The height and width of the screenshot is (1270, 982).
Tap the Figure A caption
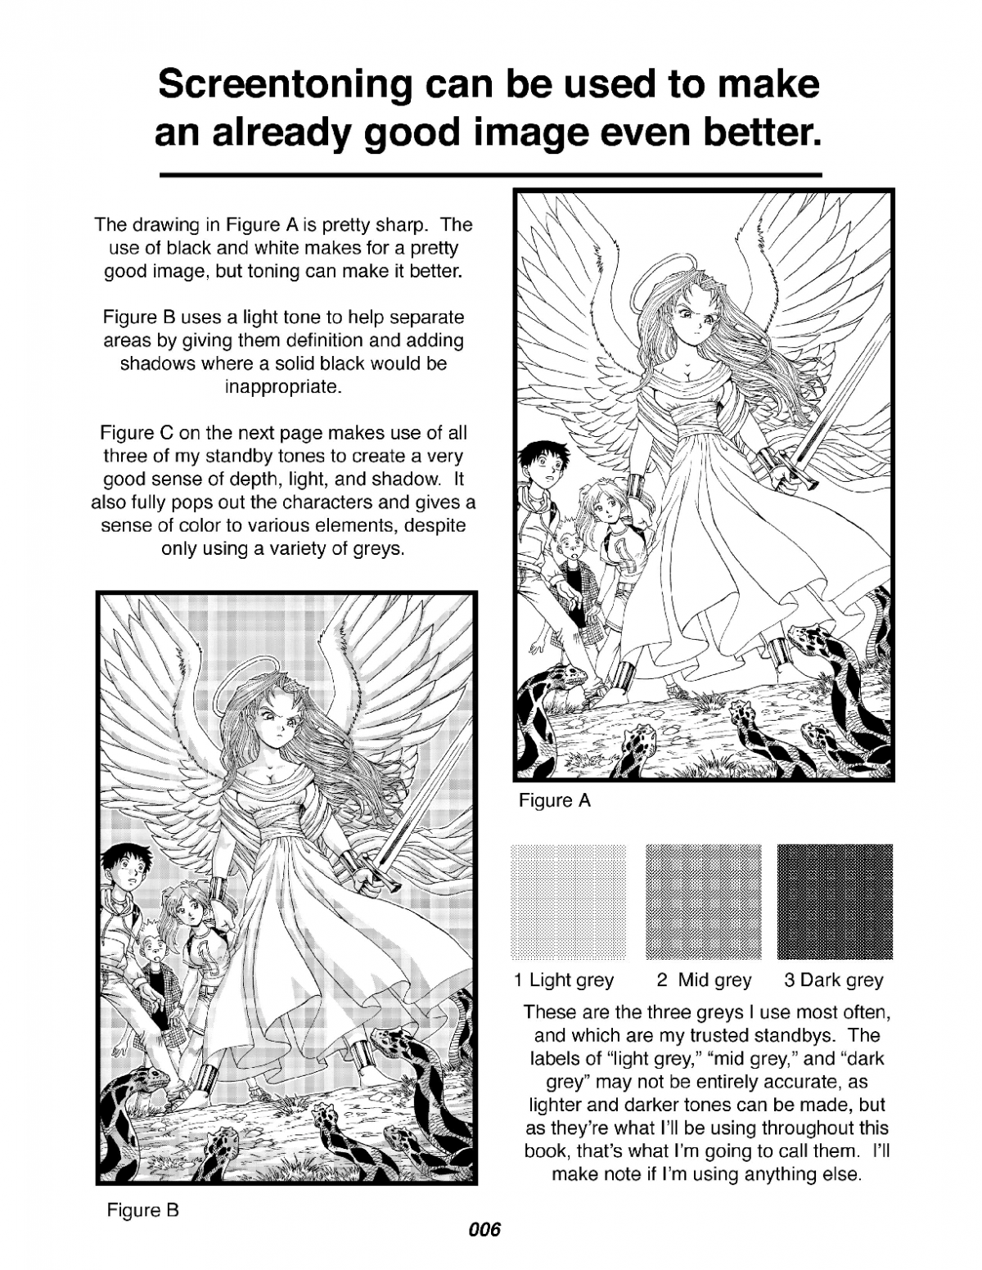pyautogui.click(x=554, y=800)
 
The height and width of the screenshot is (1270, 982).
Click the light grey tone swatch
pyautogui.click(x=568, y=901)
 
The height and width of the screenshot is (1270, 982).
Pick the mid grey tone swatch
pyautogui.click(x=703, y=901)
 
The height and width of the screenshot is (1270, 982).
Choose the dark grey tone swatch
pyautogui.click(x=834, y=901)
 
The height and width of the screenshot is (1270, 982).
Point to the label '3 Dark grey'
pyautogui.click(x=833, y=980)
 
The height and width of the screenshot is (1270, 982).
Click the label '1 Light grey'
pyautogui.click(x=564, y=980)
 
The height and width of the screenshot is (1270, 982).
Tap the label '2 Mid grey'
pyautogui.click(x=704, y=980)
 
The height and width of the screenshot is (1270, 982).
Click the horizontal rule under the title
pyautogui.click(x=489, y=175)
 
